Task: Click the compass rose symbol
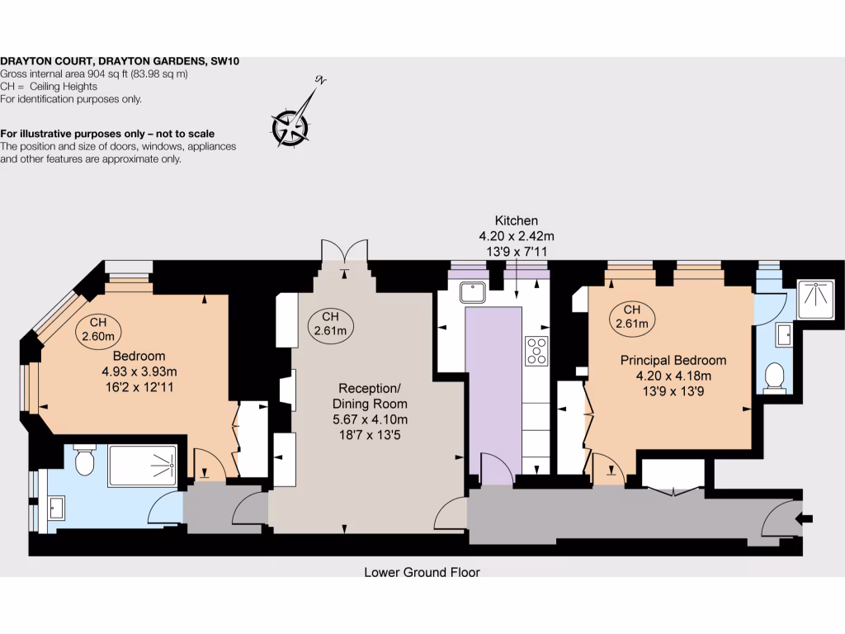290,125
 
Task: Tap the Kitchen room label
516,220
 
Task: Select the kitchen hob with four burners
536,351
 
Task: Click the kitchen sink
473,292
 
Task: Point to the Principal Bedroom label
673,360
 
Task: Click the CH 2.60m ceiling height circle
98,329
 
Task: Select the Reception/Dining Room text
370,396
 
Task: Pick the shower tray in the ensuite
816,299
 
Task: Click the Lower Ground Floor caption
422,572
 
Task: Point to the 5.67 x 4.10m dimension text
370,419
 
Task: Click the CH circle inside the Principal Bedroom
632,317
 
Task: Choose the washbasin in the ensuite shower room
784,334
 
